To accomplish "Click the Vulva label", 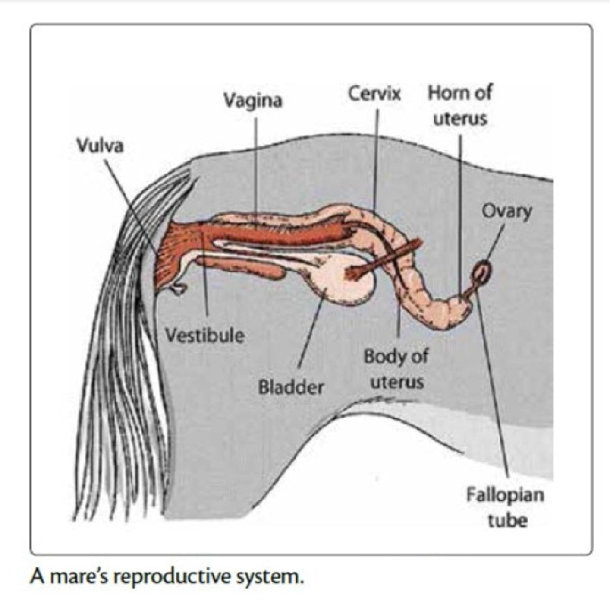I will click(100, 146).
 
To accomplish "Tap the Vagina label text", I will click(253, 101).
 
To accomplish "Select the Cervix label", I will click(374, 93).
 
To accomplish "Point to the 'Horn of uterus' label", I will click(460, 105).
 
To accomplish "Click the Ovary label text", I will click(506, 212).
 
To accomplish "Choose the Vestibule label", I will click(205, 335).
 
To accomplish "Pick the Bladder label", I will click(291, 387).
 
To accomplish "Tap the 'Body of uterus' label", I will click(396, 369).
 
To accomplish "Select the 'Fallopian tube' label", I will click(505, 507).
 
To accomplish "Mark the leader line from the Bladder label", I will click(310, 332).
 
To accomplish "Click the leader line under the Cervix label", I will click(375, 160).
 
